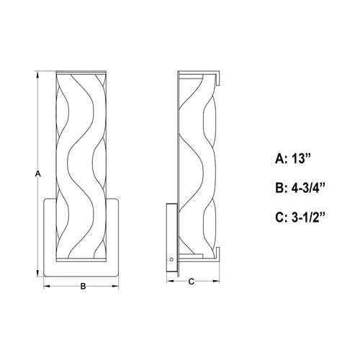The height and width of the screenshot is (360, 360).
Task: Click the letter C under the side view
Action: [x=191, y=282]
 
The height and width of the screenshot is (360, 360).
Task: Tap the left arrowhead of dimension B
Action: [x=48, y=286]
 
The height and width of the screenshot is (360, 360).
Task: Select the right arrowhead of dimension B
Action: [x=118, y=286]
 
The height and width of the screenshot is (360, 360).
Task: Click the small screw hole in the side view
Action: [x=171, y=257]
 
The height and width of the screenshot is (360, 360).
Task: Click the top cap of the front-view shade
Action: [x=82, y=73]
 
